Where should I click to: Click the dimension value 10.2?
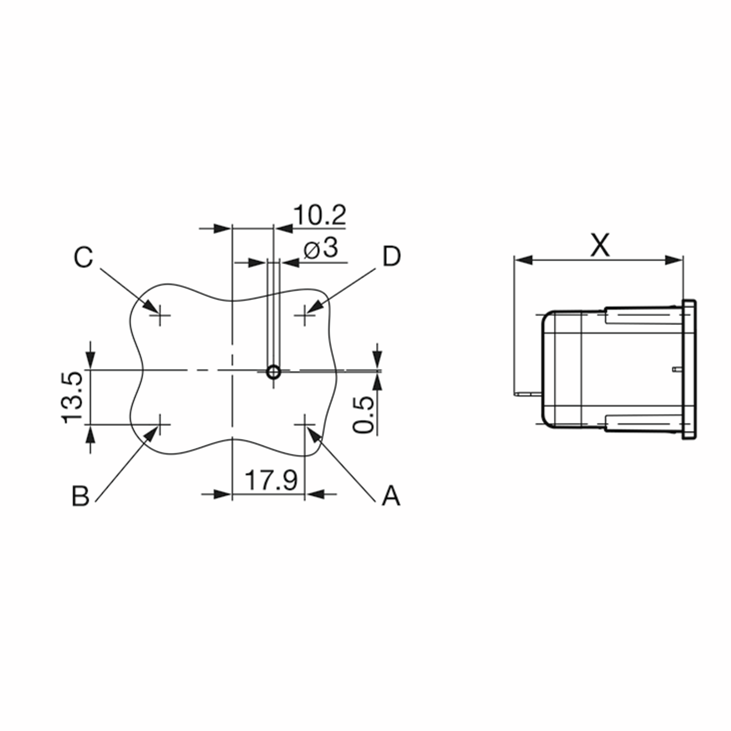pos(320,215)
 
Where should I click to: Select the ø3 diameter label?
pos(321,249)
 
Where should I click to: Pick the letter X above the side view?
pos(600,245)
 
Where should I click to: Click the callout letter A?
pos(391,496)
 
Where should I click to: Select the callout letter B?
pos(81,496)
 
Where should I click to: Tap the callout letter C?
pos(83,257)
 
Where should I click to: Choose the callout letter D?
pos(392,256)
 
